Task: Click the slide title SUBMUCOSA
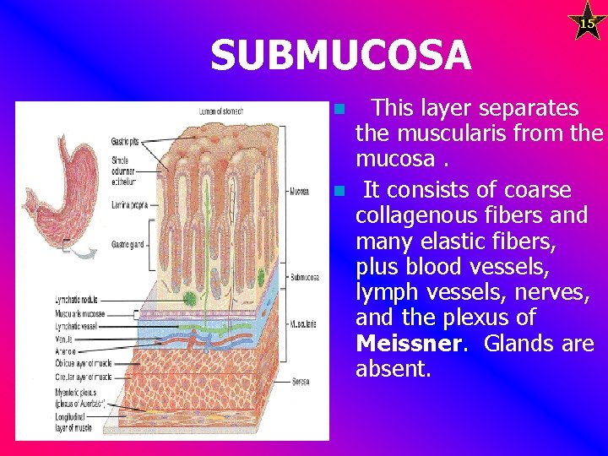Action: [x=340, y=56]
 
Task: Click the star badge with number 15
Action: [x=587, y=23]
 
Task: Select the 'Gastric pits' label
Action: [x=126, y=141]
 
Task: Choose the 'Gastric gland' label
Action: [x=129, y=245]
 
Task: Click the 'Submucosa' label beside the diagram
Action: [x=304, y=277]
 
